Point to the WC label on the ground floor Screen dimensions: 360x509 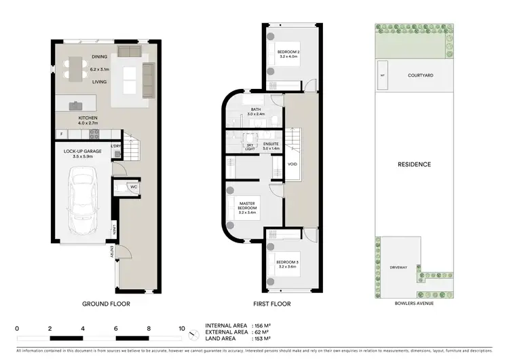[133, 187]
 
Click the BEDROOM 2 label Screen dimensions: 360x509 [288, 52]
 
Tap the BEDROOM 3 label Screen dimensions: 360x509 [287, 262]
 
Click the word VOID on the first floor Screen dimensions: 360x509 [293, 164]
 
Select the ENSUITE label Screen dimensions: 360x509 [270, 145]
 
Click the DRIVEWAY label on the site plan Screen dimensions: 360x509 [398, 268]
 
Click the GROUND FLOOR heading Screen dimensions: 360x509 [106, 304]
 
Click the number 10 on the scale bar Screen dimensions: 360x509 [182, 329]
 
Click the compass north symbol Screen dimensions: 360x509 [196, 332]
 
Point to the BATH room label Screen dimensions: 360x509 [256, 109]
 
